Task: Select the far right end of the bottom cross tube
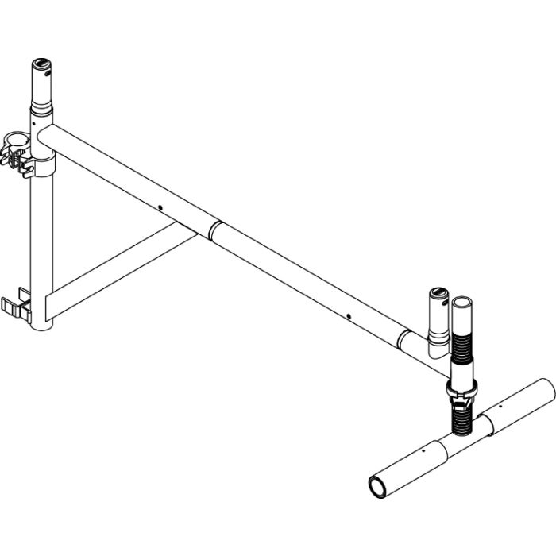point(546,389)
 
